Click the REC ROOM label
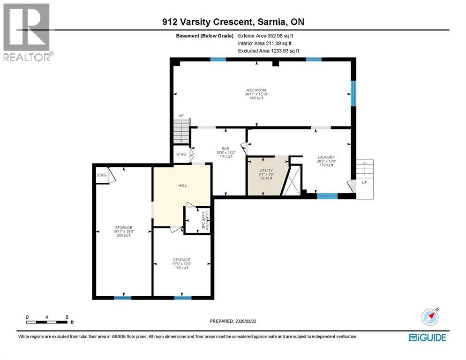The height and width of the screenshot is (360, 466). coord(256,90)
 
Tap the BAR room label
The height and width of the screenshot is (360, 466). coord(225,149)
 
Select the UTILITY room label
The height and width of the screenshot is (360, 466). coord(266,171)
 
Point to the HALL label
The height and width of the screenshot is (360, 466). coord(182,186)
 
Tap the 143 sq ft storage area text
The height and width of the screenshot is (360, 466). coord(181,268)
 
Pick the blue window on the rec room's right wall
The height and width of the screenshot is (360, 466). coord(354,92)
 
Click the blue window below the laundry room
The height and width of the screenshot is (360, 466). coord(327,195)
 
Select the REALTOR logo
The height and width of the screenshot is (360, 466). coord(27,32)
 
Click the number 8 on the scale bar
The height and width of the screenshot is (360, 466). coord(67,317)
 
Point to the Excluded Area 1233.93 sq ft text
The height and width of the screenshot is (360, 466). coord(268,51)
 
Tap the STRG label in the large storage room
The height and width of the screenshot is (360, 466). coord(101,175)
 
